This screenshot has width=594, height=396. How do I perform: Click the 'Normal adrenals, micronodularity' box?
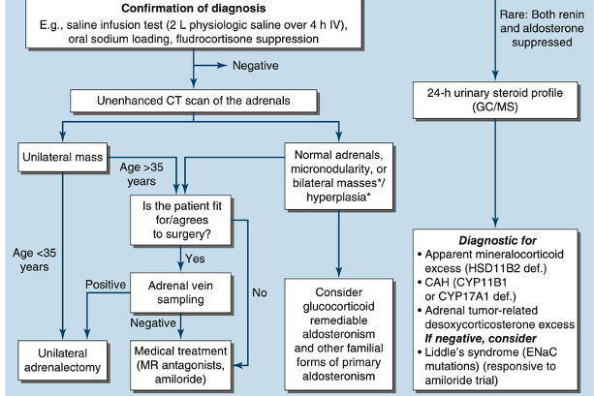(336, 174)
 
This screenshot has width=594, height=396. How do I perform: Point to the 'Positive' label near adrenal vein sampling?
(107, 284)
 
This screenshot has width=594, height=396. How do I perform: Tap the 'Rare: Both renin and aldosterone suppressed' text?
(543, 25)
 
